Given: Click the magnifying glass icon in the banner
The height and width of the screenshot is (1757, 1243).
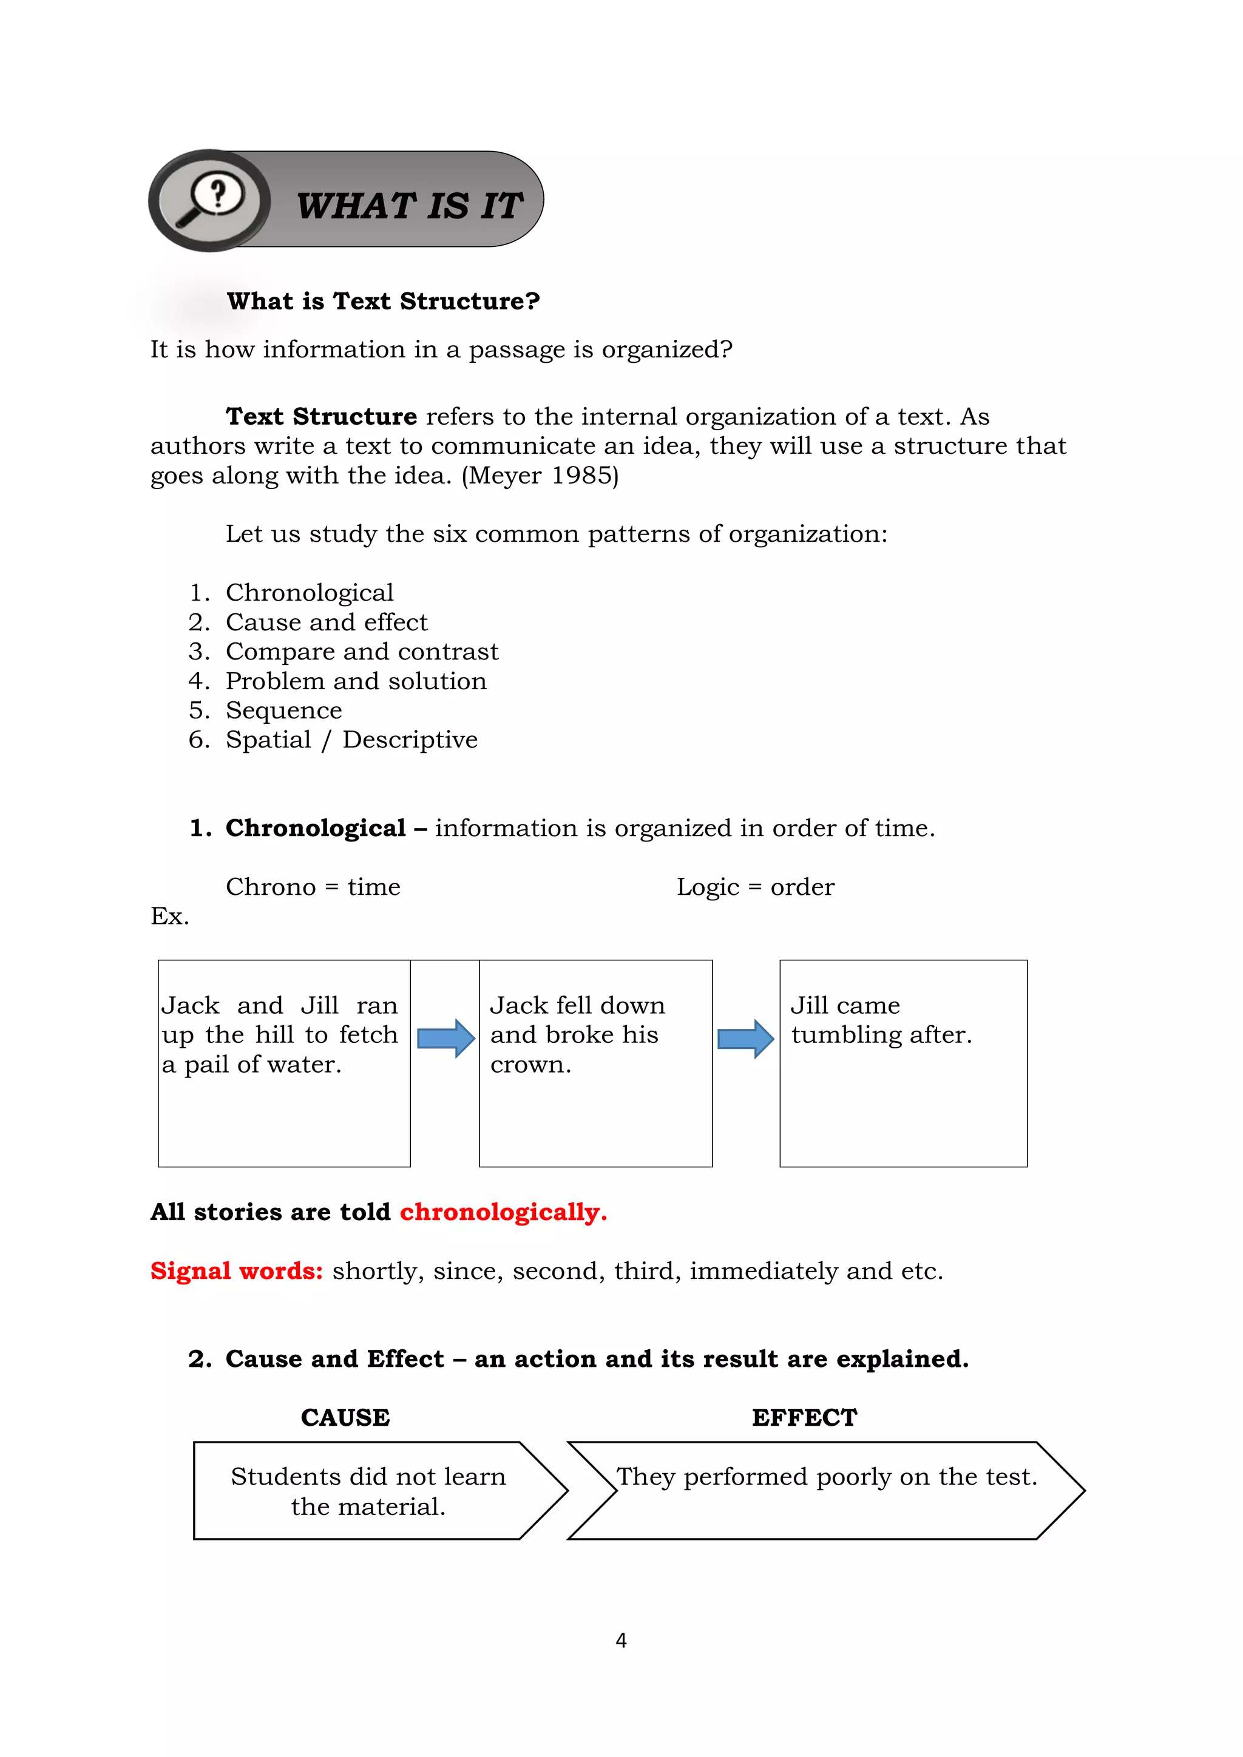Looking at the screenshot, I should pyautogui.click(x=210, y=200).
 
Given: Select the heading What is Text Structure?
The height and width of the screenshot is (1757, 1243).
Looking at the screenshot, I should pyautogui.click(x=383, y=301).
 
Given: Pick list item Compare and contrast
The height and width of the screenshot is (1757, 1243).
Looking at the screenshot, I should pyautogui.click(x=361, y=651).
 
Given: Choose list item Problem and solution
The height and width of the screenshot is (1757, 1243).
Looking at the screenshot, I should pyautogui.click(x=355, y=681).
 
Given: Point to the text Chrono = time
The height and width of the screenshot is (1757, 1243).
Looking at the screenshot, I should pyautogui.click(x=313, y=887).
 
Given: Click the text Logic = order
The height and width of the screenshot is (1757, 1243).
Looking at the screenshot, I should pyautogui.click(x=754, y=887).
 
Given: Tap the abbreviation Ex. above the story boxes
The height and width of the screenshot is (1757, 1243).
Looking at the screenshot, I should pyautogui.click(x=169, y=916).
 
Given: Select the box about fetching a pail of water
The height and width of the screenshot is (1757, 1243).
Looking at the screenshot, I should pyautogui.click(x=283, y=1063).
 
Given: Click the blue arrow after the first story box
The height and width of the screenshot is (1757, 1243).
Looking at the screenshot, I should pyautogui.click(x=445, y=1039).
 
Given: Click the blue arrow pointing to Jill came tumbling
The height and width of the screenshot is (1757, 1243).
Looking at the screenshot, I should pyautogui.click(x=745, y=1039).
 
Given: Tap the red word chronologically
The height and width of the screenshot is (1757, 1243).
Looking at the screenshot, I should pyautogui.click(x=502, y=1212).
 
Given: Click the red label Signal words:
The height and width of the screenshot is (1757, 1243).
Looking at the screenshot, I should pyautogui.click(x=237, y=1271).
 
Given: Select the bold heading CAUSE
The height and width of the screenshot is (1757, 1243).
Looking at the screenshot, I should pyautogui.click(x=345, y=1417).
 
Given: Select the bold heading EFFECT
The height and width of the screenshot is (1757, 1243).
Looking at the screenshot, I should pyautogui.click(x=804, y=1417).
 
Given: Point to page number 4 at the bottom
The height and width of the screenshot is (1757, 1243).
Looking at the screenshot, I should pyautogui.click(x=621, y=1640).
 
